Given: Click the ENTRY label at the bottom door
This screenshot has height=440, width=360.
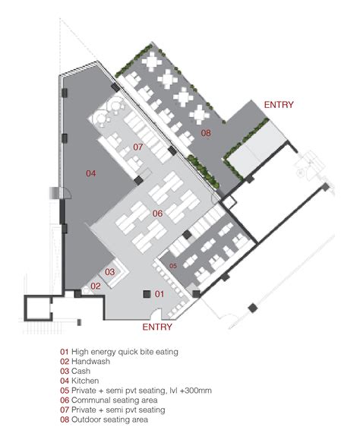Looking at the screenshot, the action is (x=157, y=327).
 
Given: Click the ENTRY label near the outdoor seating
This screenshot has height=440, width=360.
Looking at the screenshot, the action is (x=279, y=105).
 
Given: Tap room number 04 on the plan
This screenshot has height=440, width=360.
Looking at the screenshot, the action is (x=91, y=173).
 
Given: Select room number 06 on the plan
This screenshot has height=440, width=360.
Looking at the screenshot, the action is (x=157, y=214).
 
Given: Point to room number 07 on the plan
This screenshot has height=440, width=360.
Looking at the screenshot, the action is (x=138, y=147).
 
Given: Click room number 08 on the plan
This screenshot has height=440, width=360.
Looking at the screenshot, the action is (x=206, y=133).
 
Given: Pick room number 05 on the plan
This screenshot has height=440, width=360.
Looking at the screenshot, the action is (x=173, y=266).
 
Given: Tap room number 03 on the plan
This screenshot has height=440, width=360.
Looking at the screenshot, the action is (x=110, y=271).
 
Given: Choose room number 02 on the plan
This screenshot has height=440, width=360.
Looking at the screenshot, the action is (x=96, y=286).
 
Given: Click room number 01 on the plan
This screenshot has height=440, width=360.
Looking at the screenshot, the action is (x=159, y=294).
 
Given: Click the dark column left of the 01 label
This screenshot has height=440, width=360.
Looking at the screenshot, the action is (x=147, y=294).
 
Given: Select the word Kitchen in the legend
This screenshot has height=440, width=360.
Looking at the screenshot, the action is (x=85, y=381).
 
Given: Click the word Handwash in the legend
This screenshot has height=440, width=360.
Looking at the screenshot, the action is (x=91, y=362).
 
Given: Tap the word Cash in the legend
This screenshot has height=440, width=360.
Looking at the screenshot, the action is (x=81, y=371).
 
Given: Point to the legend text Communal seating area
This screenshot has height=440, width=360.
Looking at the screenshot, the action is (x=115, y=400).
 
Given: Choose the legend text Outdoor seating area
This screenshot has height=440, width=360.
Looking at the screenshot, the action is (x=109, y=419).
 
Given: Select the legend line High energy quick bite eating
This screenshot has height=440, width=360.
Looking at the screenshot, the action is (x=125, y=352).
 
